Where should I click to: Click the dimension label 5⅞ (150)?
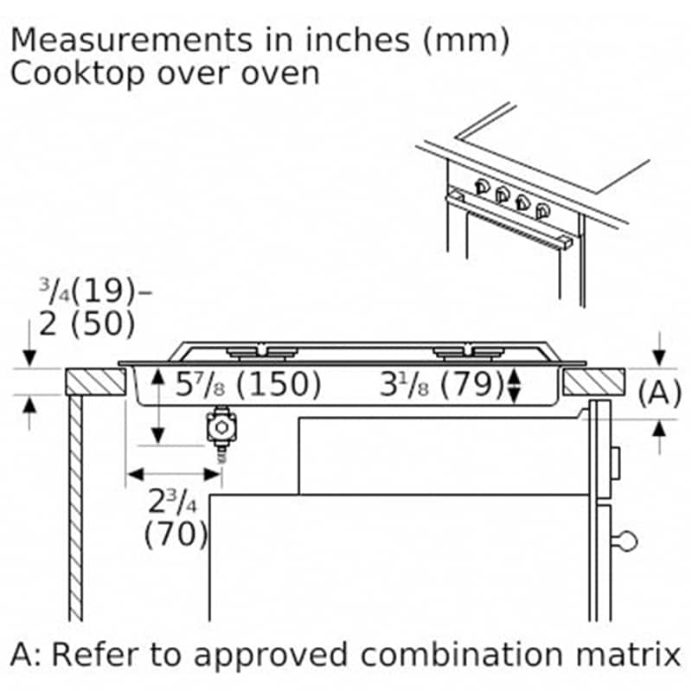coord(248,384)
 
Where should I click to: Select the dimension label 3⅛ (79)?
coord(442,384)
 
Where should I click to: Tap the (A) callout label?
coord(659,393)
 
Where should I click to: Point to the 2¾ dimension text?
coord(172,502)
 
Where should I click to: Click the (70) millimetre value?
coord(176,534)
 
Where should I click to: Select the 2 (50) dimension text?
coord(87,324)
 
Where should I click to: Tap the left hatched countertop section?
coord(96,381)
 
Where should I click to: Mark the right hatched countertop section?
coord(594,381)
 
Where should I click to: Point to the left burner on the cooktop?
coord(262,353)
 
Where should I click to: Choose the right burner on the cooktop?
coord(469,353)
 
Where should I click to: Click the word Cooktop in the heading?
coord(77,74)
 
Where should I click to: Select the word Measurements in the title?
coord(131,41)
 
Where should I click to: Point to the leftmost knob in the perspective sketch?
coord(482,187)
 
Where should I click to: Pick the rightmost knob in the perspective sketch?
coord(542,211)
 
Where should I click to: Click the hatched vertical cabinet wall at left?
coord(75,508)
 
